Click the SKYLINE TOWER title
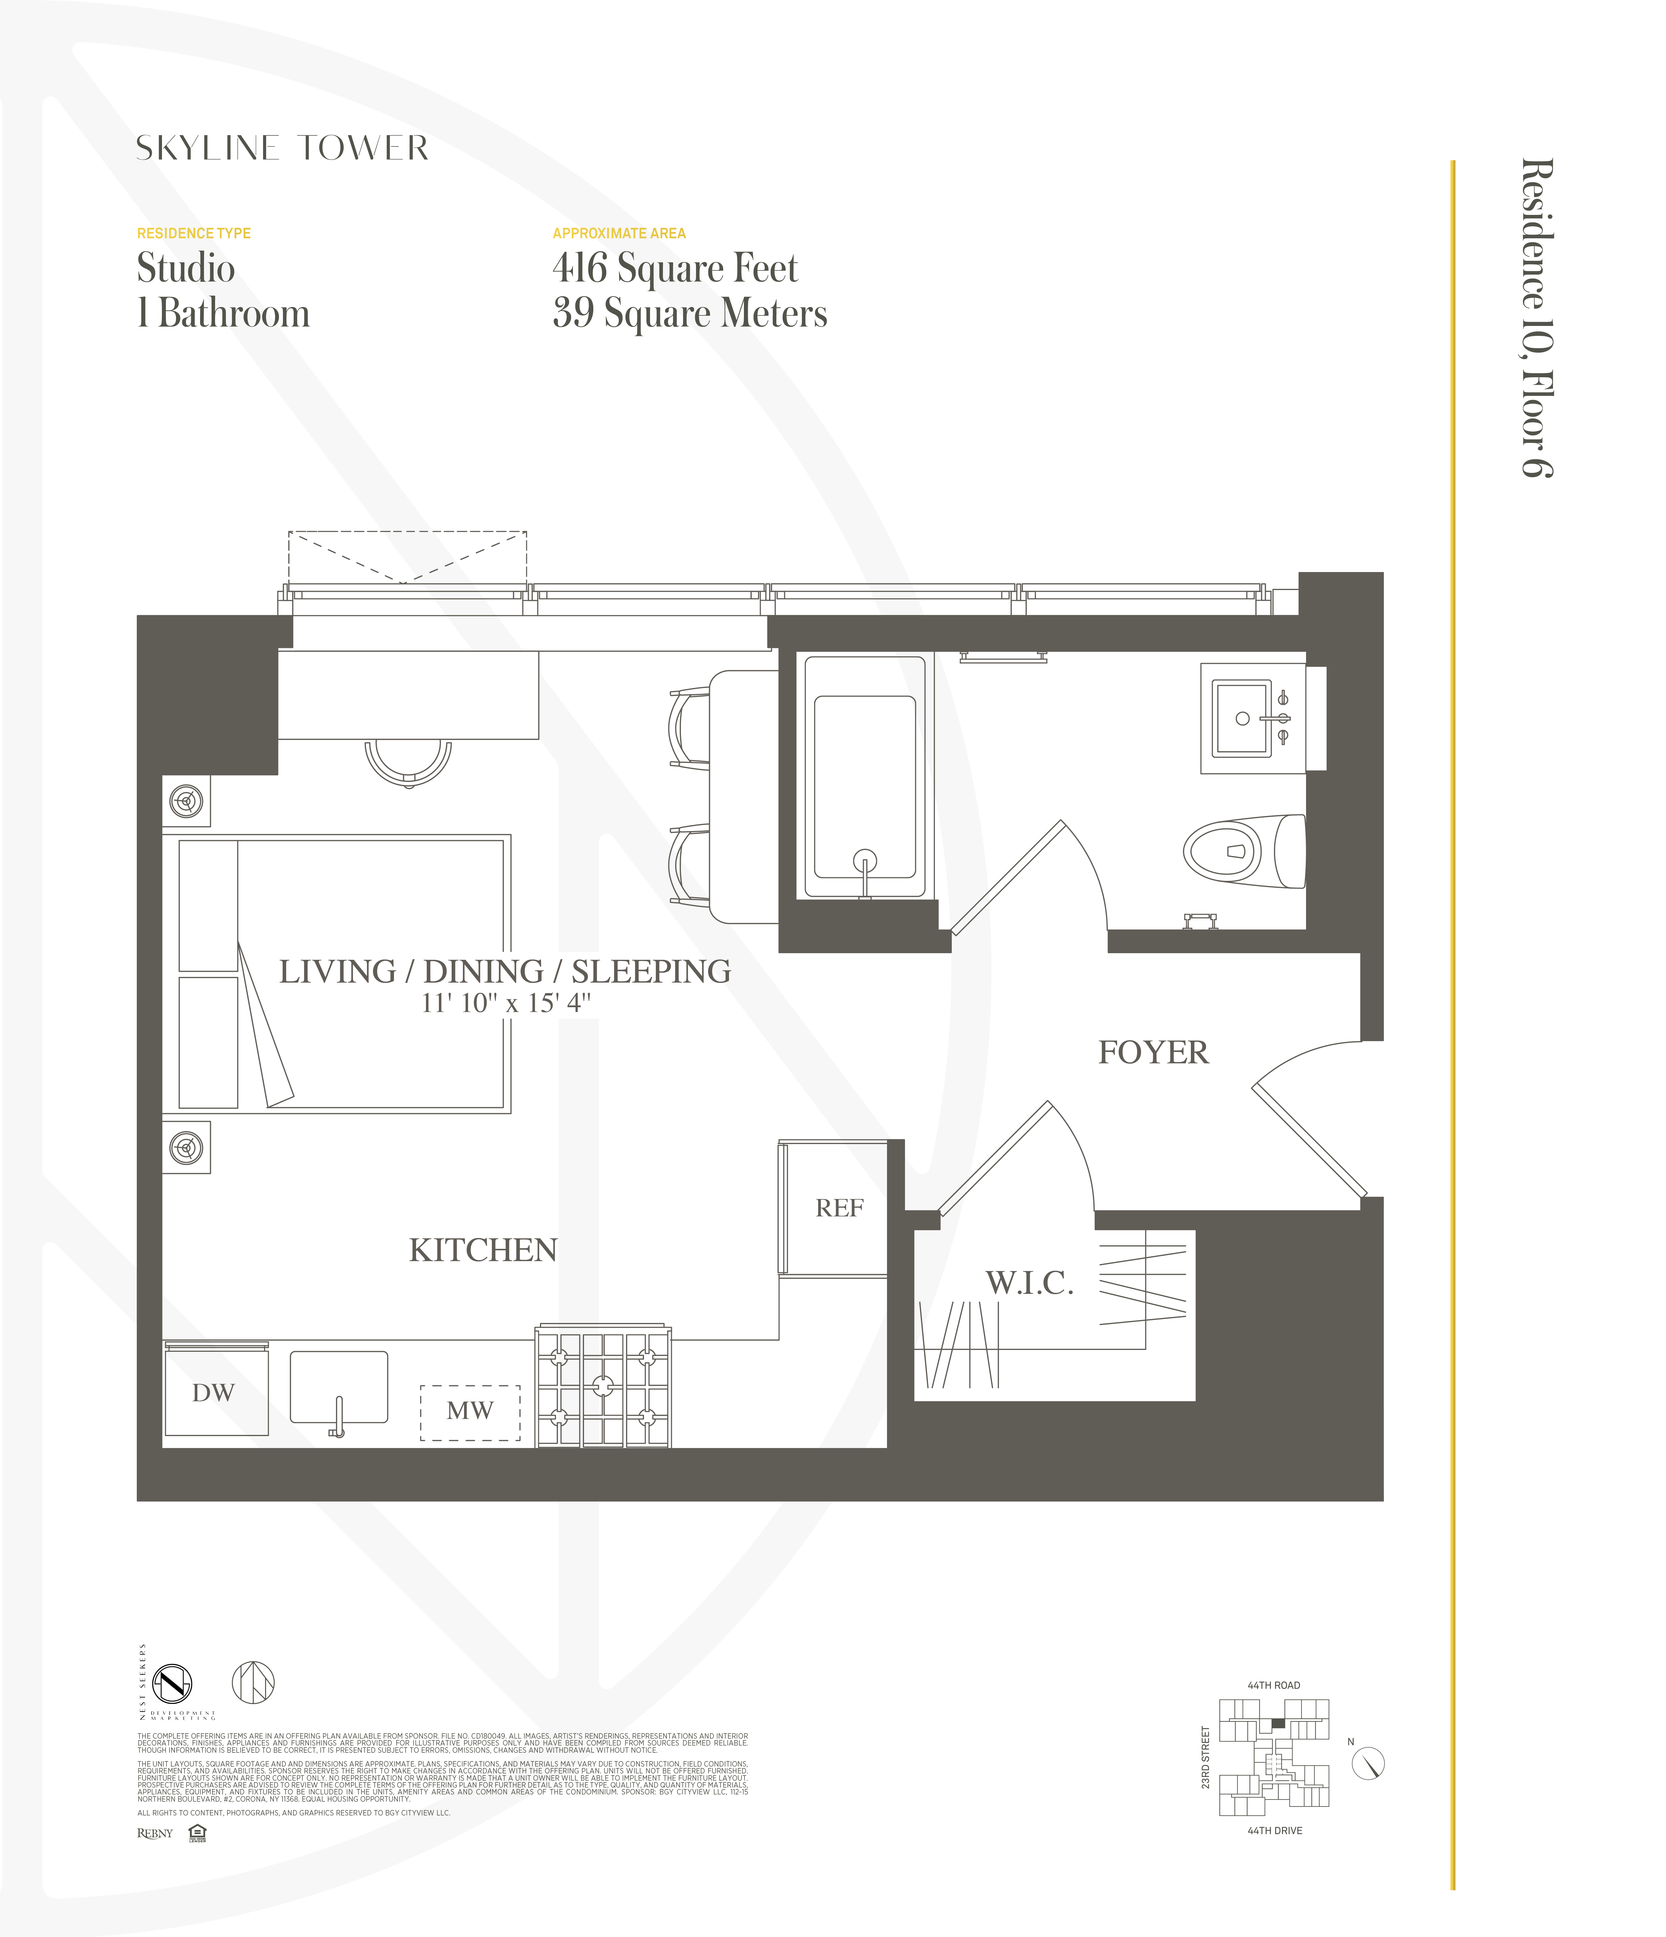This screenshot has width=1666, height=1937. click(282, 148)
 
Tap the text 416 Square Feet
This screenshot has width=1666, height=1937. click(675, 268)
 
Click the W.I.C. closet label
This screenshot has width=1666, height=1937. click(1029, 1283)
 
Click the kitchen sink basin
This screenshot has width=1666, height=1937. click(338, 1386)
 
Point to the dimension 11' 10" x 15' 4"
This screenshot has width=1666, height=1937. click(505, 1003)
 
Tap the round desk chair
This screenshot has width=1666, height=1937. click(408, 762)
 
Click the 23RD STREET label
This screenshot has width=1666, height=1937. click(1205, 1758)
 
